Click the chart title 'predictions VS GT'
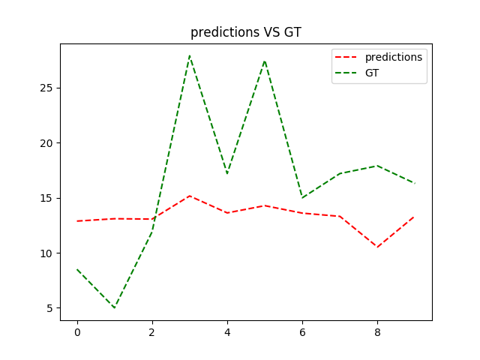(246, 32)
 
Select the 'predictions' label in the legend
(394, 57)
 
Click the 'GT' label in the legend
(372, 73)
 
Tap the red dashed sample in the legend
(346, 57)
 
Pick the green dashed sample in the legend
(346, 73)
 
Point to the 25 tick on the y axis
(46, 88)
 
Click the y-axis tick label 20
(46, 143)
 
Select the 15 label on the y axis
(46, 198)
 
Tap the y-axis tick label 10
(46, 253)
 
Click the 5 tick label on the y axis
(49, 308)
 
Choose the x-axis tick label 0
(77, 332)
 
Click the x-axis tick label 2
(152, 332)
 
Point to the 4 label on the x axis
(227, 332)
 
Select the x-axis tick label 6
(302, 332)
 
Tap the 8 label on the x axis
(377, 332)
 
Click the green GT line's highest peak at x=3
(190, 55)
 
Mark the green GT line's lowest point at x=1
(115, 307)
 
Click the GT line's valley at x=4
(227, 173)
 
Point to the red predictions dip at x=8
(377, 247)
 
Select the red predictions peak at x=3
(190, 196)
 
